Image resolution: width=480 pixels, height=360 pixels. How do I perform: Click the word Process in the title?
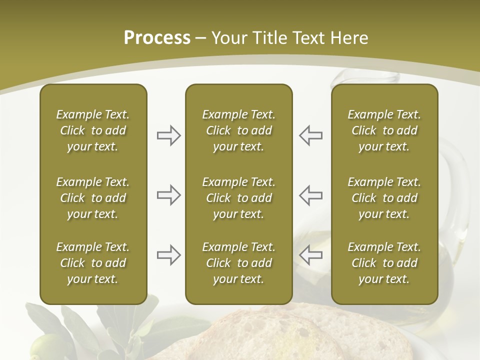[x=157, y=38]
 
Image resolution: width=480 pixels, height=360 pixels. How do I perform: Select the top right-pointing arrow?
[x=169, y=135]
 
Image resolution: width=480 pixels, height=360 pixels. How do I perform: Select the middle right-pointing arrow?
[x=169, y=195]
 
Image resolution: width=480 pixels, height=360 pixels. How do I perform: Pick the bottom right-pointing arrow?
[x=169, y=255]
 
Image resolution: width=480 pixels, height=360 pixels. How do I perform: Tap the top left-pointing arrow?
[x=311, y=135]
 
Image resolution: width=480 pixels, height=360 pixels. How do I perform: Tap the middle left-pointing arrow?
[x=311, y=195]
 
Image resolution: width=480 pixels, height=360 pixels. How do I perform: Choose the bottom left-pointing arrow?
[x=311, y=255]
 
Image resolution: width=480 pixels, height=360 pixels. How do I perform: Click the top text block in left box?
[x=93, y=130]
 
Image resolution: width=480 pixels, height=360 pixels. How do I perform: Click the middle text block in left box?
[x=93, y=198]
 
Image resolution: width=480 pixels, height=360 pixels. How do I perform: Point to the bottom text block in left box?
[x=93, y=263]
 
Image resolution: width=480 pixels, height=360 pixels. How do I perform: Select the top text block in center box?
[x=239, y=130]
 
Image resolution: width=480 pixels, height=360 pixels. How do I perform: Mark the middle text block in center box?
[x=239, y=198]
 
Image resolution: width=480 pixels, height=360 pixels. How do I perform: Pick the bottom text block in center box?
[x=239, y=263]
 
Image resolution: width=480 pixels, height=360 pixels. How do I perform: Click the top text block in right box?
[x=384, y=130]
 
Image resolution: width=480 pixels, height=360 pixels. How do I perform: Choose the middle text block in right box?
[x=384, y=198]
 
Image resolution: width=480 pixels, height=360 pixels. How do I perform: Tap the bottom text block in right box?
[x=384, y=263]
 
